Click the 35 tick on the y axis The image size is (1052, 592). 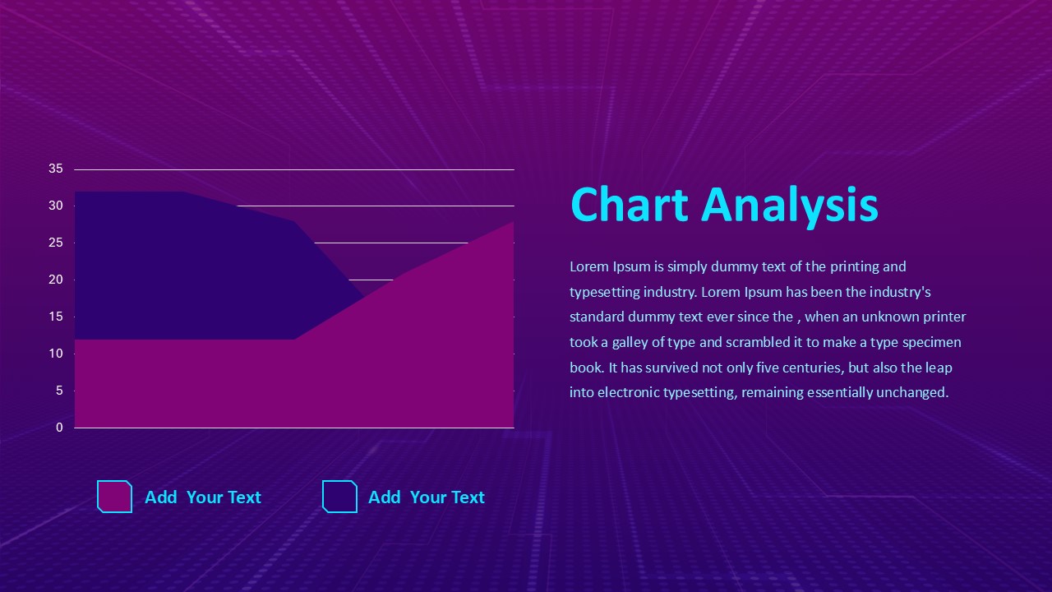56,169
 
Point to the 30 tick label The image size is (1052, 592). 56,206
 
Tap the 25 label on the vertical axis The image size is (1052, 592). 56,243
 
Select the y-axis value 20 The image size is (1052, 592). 56,280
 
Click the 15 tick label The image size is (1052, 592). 56,317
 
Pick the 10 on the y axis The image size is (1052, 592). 56,354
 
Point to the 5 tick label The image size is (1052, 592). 59,391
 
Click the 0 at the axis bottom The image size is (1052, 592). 59,428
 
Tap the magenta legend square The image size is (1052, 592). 114,497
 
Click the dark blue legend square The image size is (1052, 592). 339,497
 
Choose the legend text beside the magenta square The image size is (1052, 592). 202,497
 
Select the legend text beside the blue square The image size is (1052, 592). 426,497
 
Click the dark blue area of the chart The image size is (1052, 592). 181,263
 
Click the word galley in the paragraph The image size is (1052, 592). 630,342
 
